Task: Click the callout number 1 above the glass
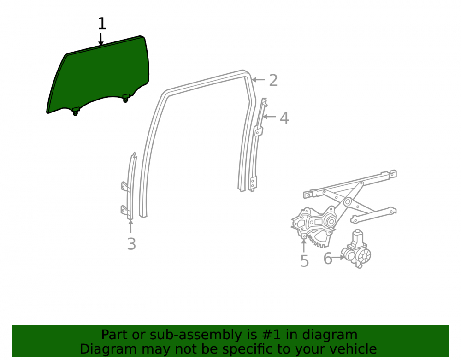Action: pos(102,24)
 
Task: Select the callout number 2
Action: pos(273,80)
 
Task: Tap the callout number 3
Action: pos(131,244)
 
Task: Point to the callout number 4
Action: pos(284,118)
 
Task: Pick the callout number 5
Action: pos(305,261)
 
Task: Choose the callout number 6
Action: pos(328,258)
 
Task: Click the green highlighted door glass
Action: pos(99,75)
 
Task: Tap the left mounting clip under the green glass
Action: pos(76,112)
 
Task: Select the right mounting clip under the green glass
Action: pos(126,98)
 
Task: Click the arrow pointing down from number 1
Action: pos(101,39)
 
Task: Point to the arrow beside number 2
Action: pos(258,80)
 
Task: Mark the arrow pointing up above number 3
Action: pos(130,226)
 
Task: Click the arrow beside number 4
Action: pos(269,117)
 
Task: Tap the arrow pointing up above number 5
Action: pos(304,246)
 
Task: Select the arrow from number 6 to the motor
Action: pos(338,257)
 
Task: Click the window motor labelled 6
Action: pos(356,250)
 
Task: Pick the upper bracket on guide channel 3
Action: pos(124,187)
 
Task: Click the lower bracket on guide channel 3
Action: pos(124,210)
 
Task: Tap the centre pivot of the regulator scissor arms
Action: pos(348,202)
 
